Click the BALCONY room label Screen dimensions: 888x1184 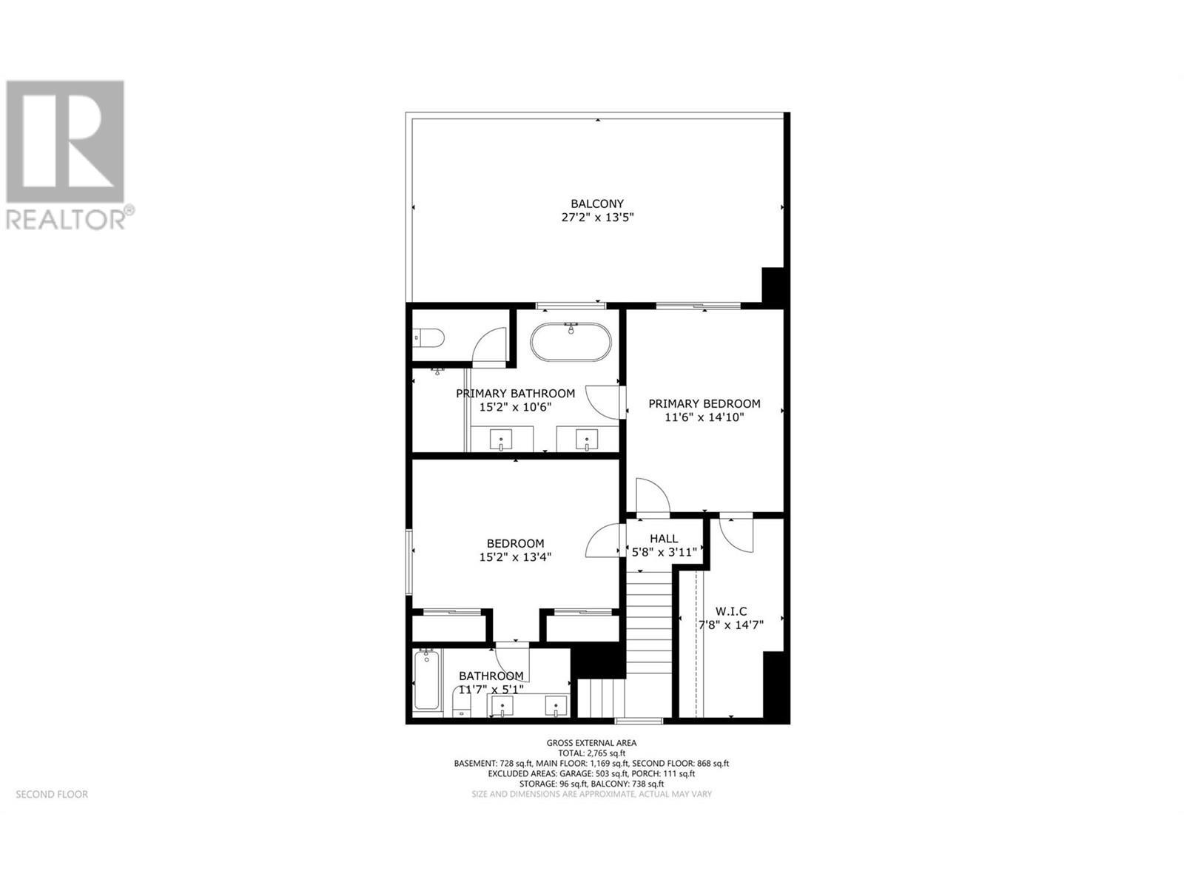tap(596, 203)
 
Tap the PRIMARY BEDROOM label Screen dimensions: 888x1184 tap(704, 403)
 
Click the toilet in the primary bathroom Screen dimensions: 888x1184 tap(428, 339)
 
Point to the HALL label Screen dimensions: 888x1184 tap(664, 539)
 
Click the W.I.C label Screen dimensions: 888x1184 tap(730, 611)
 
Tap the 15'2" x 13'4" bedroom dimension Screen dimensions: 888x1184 tap(515, 557)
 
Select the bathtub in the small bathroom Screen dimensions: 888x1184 tap(425, 681)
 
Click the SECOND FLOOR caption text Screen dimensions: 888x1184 tap(52, 794)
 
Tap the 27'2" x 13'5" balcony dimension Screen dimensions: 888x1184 tap(598, 218)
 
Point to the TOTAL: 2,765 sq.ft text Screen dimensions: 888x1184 tap(591, 753)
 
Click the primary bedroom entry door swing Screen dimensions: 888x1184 tap(651, 496)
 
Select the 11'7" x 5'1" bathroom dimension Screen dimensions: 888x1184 tap(491, 690)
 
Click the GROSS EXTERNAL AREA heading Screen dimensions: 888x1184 tap(591, 743)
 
